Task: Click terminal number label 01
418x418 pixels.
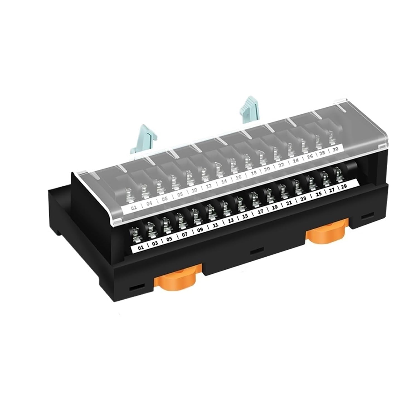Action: pyautogui.click(x=141, y=247)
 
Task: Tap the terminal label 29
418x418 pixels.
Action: pyautogui.click(x=344, y=187)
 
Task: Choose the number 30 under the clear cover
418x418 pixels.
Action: pyautogui.click(x=336, y=149)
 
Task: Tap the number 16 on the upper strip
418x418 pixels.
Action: pyautogui.click(x=238, y=177)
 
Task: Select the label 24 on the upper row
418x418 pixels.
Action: pyautogui.click(x=295, y=161)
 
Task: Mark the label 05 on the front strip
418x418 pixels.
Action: pyautogui.click(x=169, y=239)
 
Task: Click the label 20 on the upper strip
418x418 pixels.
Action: pyautogui.click(x=267, y=169)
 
